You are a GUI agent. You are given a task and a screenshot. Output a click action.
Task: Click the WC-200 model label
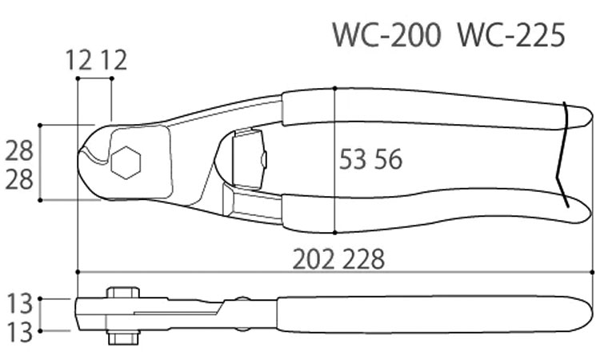[x=385, y=36]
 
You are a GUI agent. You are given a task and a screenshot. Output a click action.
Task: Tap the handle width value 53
[x=354, y=161]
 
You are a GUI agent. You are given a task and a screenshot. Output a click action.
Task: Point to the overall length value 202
[x=315, y=258]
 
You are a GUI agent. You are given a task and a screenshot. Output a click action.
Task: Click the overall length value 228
[x=360, y=258]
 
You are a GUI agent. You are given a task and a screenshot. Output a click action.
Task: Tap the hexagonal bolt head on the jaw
[x=125, y=163]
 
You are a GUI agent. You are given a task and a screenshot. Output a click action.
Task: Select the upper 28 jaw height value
[x=20, y=149]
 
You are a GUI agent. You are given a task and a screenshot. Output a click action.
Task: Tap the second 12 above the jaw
[x=114, y=61]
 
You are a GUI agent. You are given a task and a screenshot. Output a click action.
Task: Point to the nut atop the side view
[x=121, y=292]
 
